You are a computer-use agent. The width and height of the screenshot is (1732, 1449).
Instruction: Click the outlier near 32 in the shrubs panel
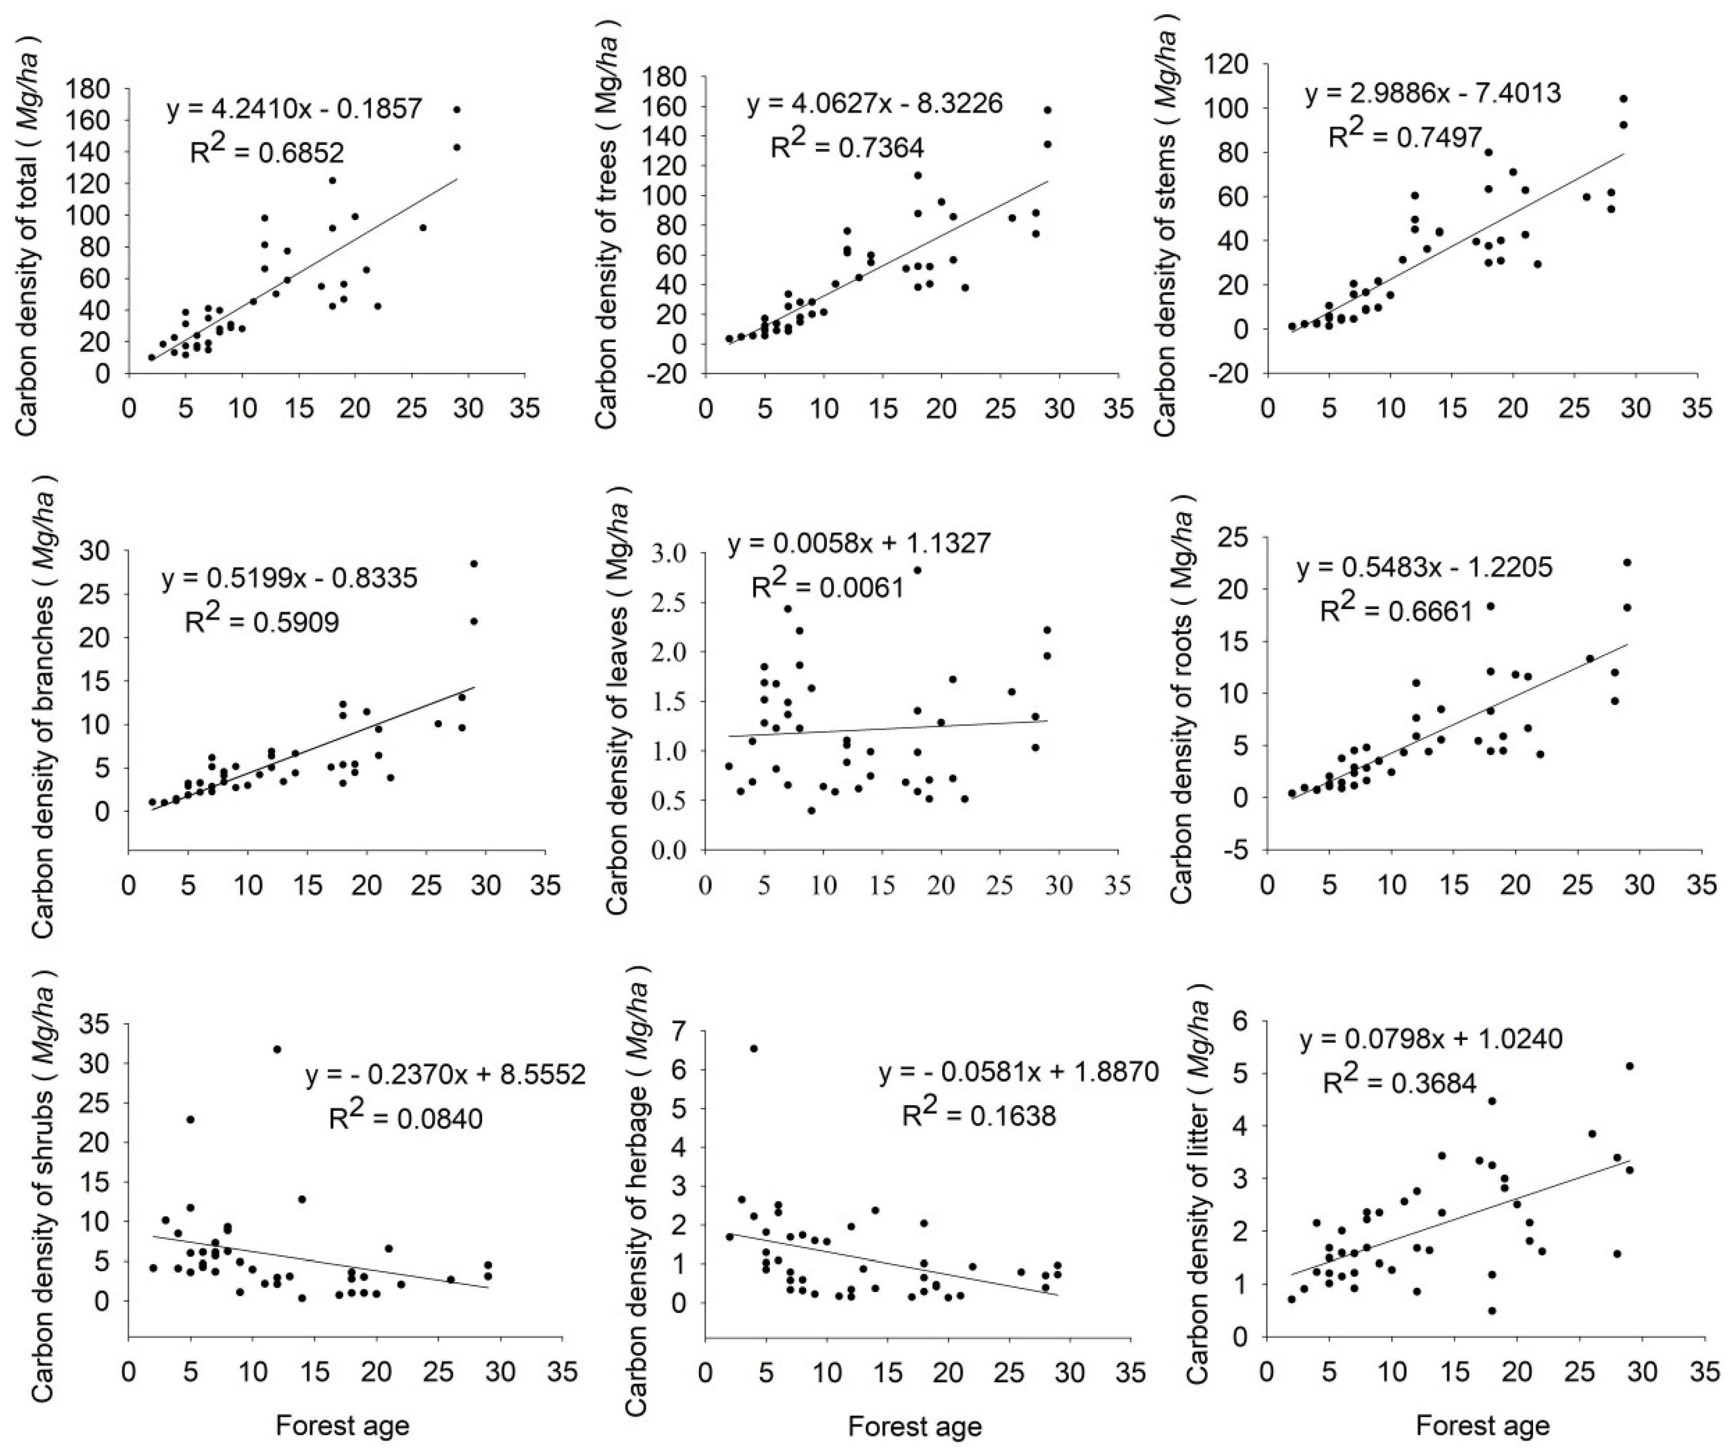coord(277,1049)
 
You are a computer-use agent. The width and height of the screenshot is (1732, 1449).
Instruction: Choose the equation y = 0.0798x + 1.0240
coord(1431,1040)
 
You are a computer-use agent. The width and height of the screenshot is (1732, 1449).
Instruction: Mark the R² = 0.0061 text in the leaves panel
coord(827,588)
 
